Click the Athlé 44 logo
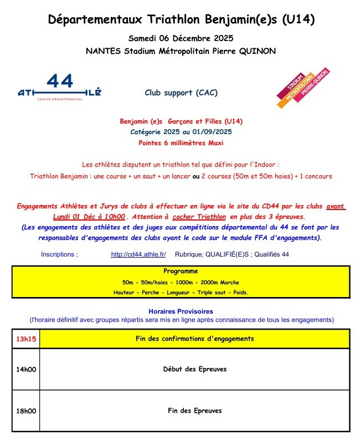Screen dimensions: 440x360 [x=59, y=88]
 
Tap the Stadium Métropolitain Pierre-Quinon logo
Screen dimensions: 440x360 [x=303, y=88]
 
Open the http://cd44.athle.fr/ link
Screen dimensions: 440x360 [x=138, y=254]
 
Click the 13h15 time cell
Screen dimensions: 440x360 [x=25, y=339]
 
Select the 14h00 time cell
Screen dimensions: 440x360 [x=25, y=369]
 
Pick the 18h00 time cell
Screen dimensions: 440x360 [x=25, y=411]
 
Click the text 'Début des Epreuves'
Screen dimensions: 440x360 [x=194, y=369]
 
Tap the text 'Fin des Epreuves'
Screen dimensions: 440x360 [x=194, y=411]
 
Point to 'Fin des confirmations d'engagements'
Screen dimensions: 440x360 [x=194, y=339]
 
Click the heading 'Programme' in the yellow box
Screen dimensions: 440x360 [x=181, y=272]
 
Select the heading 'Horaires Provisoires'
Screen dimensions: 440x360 [x=181, y=311]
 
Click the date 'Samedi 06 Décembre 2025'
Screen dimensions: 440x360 [x=181, y=38]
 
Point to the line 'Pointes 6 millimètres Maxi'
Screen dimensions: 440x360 [x=181, y=142]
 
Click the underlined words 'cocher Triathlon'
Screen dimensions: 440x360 [x=199, y=216]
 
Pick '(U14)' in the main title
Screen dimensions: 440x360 [x=298, y=20]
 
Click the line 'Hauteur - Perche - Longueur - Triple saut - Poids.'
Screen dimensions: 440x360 [x=181, y=292]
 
